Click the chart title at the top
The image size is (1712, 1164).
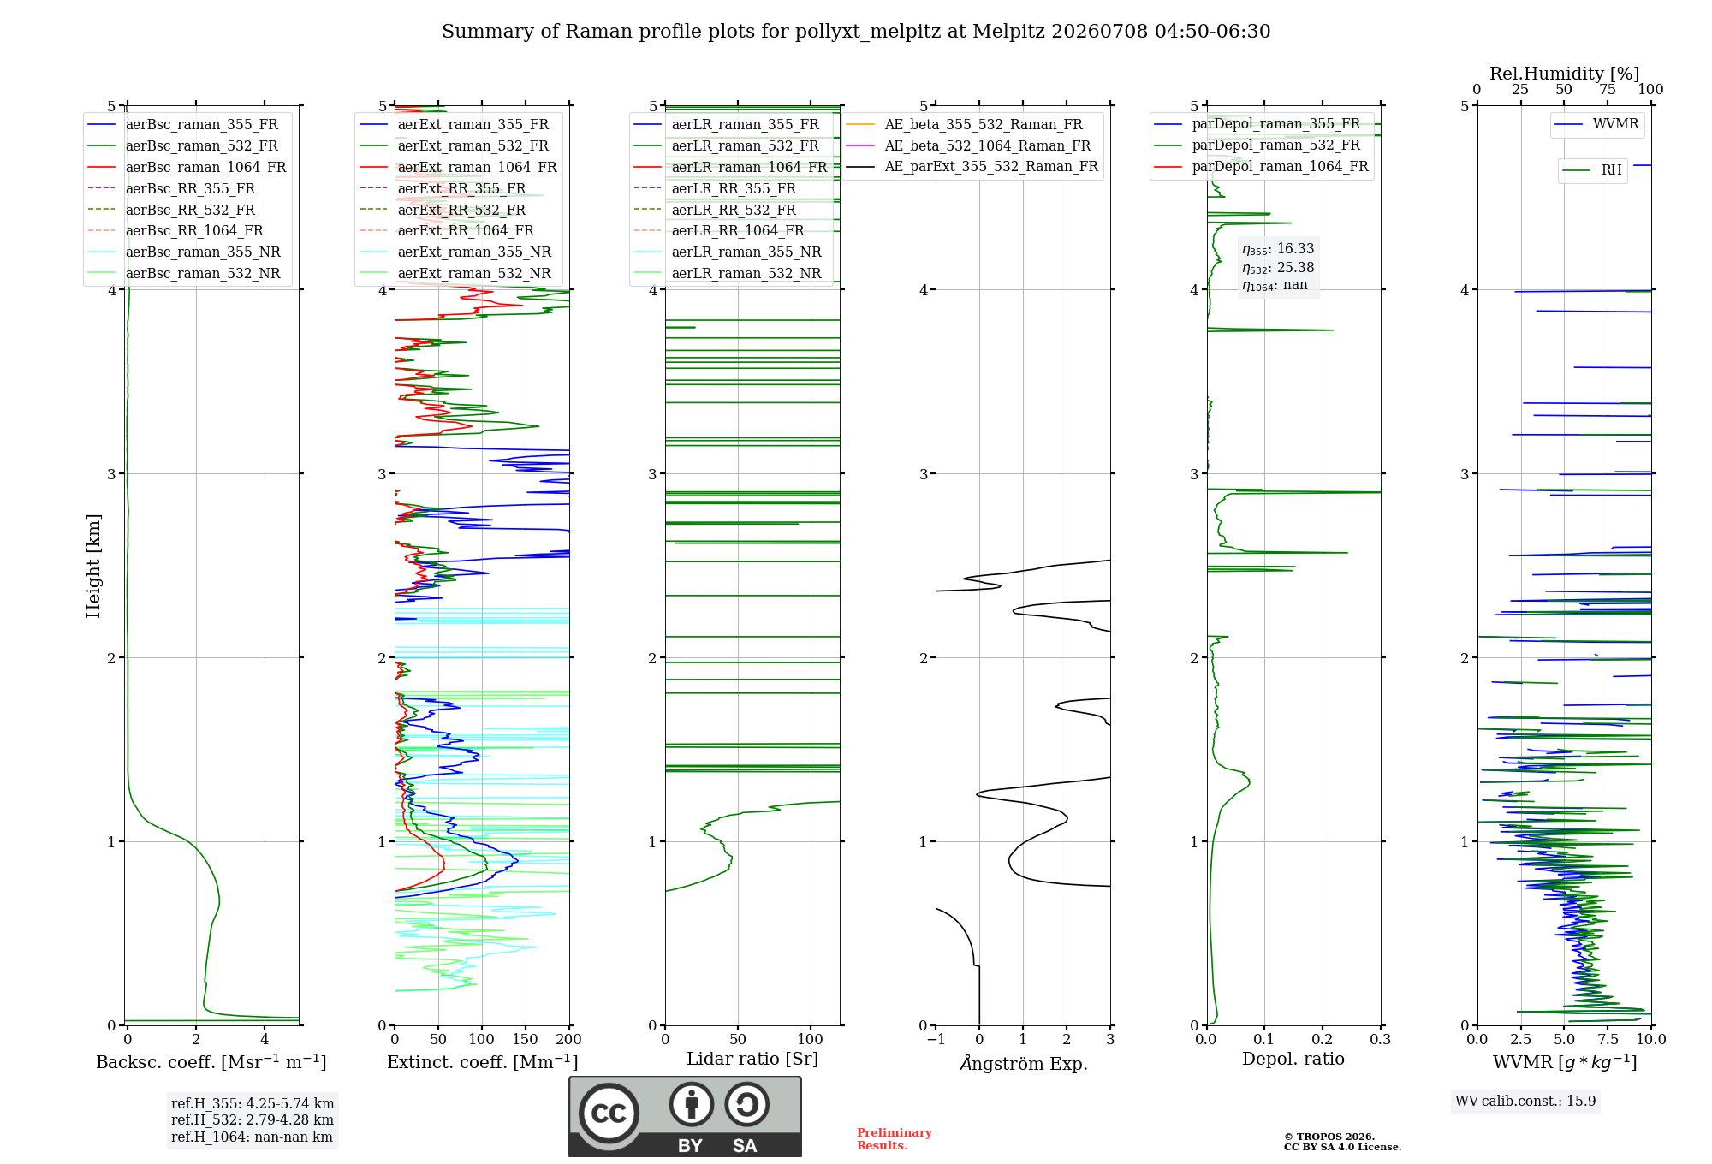(856, 32)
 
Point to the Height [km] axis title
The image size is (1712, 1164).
(93, 566)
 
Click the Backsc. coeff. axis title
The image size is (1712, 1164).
(211, 1061)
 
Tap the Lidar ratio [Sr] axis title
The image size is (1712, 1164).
(752, 1059)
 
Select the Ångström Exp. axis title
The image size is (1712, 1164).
(1024, 1063)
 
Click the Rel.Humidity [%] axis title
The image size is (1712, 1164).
(1565, 74)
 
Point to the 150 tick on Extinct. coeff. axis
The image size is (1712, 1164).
(525, 1040)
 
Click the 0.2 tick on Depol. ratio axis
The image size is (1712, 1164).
(1323, 1040)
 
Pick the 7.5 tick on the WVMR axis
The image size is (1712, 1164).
(1608, 1040)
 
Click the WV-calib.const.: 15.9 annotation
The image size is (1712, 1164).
(1525, 1101)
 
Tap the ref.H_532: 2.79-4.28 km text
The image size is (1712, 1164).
(253, 1119)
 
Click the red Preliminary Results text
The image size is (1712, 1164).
(895, 1139)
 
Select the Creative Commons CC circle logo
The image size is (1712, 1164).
(609, 1113)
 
